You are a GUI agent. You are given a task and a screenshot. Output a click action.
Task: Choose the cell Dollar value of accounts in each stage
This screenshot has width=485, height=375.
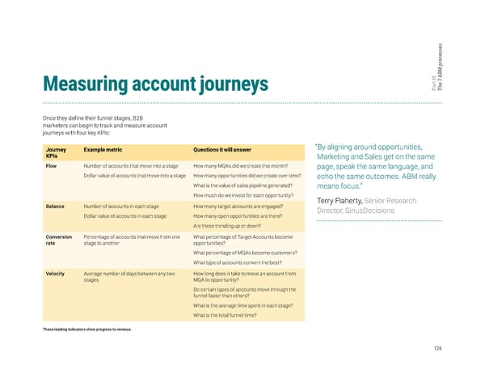(125, 215)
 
